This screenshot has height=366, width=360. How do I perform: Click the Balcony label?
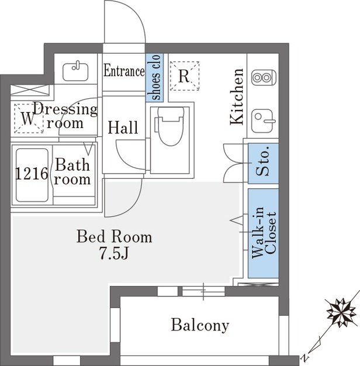tap(200, 325)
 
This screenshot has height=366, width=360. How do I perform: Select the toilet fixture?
tap(170, 126)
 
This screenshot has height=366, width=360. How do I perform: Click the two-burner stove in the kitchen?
tap(264, 77)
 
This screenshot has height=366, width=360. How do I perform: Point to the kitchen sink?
tap(263, 121)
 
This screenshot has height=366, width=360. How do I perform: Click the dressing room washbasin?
tap(75, 71)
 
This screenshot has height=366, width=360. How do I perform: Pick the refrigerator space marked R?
tap(184, 76)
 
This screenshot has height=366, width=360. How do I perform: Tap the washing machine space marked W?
tap(29, 119)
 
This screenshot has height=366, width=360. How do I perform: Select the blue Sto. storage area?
tap(263, 163)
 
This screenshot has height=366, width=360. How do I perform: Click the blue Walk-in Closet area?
tap(263, 233)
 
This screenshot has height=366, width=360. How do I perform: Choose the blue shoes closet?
tap(154, 78)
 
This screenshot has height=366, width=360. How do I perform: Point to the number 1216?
tap(32, 174)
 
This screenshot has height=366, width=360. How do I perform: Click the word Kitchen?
tap(237, 96)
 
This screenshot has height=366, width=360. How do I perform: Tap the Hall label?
tap(123, 127)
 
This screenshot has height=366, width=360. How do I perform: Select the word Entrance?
tap(124, 71)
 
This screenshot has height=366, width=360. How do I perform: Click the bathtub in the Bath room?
tap(32, 175)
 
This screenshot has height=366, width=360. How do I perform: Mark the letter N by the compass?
tap(304, 357)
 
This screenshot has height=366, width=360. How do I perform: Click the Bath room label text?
tap(72, 172)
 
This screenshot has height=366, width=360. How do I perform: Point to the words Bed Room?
tap(115, 236)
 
